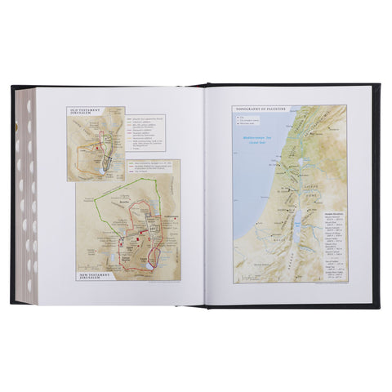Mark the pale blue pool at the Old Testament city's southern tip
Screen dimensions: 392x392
coord(107,173)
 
